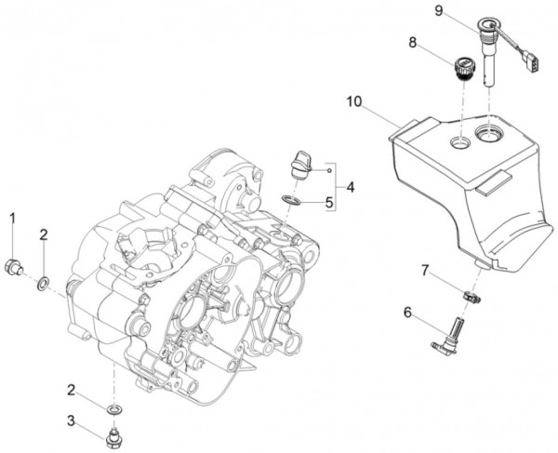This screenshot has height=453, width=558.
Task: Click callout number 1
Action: point(14,218)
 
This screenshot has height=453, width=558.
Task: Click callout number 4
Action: point(351,186)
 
